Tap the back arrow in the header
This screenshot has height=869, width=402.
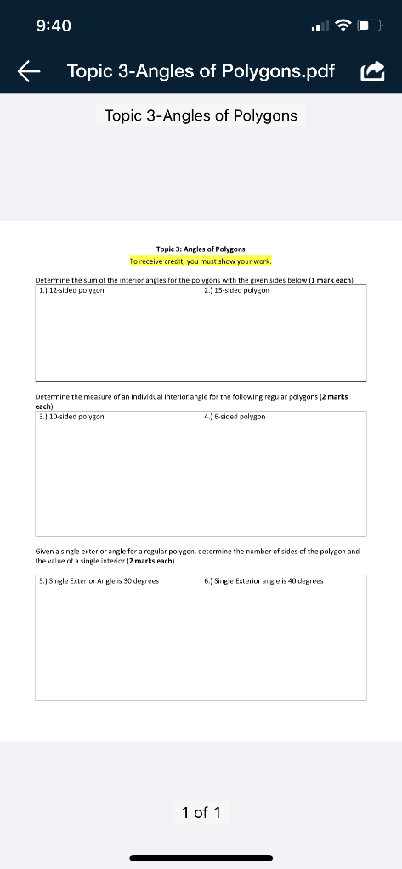click(x=30, y=71)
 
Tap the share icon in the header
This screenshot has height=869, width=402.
click(x=373, y=71)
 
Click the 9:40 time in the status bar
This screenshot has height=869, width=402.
click(x=54, y=26)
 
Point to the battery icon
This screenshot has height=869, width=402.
click(x=369, y=26)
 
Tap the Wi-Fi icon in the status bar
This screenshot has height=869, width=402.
click(x=343, y=26)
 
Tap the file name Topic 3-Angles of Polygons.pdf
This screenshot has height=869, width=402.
click(x=201, y=71)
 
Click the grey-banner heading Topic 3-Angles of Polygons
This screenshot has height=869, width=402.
click(x=201, y=115)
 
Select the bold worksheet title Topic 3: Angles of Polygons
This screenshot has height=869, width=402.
click(x=201, y=249)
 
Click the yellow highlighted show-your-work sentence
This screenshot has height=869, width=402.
click(x=201, y=261)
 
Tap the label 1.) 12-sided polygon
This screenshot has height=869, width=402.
click(x=71, y=290)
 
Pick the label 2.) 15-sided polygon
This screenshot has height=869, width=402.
click(x=237, y=290)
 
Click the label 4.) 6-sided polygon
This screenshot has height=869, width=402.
click(x=235, y=417)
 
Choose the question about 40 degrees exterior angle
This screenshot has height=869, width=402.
click(x=263, y=581)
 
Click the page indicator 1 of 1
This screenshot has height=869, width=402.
click(x=201, y=812)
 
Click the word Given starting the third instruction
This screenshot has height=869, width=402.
click(x=45, y=551)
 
